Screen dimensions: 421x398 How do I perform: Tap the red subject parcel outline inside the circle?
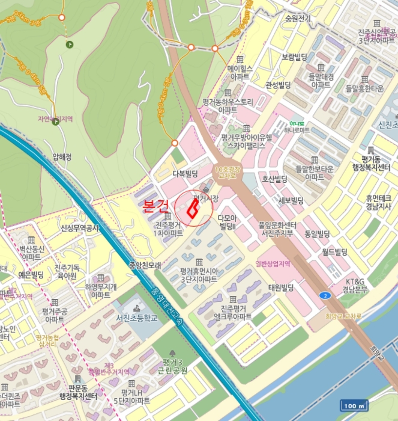click(193, 208)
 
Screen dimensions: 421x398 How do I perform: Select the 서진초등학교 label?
click(137, 318)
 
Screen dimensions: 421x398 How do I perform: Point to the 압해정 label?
click(62, 157)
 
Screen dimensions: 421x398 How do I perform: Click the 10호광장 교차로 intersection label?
click(229, 173)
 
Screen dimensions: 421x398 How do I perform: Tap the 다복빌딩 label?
click(185, 174)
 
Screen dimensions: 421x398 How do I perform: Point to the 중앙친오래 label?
click(145, 265)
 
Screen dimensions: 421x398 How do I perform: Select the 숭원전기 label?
click(298, 19)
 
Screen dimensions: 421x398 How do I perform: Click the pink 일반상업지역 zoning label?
click(273, 263)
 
